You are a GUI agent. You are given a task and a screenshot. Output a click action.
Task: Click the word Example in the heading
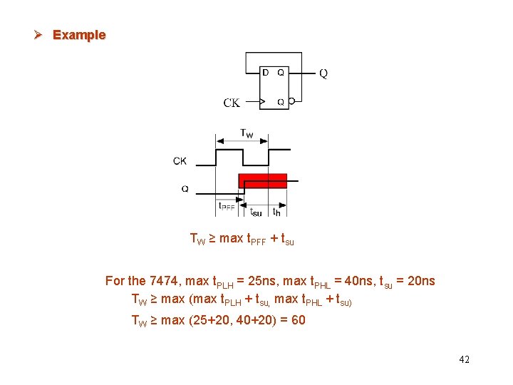pos(79,35)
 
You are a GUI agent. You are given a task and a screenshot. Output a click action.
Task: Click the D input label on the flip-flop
pos(266,72)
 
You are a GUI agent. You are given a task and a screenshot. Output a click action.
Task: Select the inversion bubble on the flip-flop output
pos(291,102)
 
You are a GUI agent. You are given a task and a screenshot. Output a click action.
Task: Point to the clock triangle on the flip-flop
pos(262,102)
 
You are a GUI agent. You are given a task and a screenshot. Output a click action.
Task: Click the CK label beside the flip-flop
pos(232,103)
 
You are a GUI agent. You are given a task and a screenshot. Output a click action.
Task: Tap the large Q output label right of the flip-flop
pos(323,73)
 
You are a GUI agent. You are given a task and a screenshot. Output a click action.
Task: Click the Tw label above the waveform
pos(246,133)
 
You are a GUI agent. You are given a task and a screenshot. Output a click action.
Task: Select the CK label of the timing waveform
pos(180,161)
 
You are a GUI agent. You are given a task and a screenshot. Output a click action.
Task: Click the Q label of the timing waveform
pos(185,189)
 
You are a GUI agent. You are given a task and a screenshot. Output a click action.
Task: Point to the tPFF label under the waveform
pos(227,207)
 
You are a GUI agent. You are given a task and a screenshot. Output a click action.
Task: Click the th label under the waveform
pos(277,210)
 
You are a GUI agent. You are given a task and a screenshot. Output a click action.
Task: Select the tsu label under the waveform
pos(256,211)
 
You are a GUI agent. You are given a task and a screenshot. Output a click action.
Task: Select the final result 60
pos(298,320)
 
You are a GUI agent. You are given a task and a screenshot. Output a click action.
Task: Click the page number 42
pos(464,359)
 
